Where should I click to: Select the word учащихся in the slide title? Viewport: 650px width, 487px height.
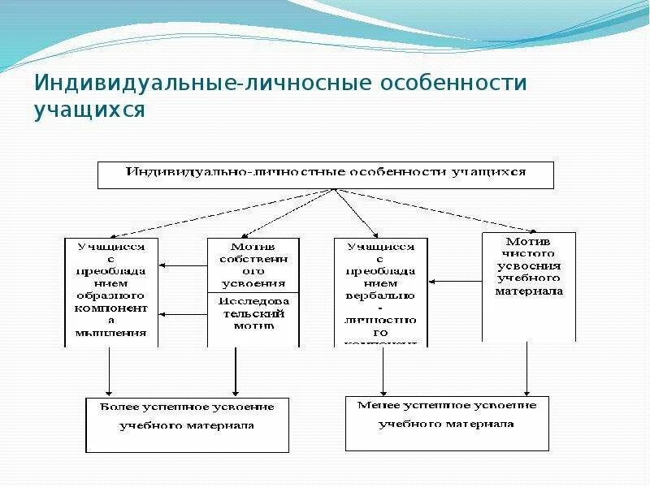pos(89,110)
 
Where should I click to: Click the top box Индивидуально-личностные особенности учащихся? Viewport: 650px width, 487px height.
pos(325,175)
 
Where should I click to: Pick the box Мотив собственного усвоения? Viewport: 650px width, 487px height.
pos(253,265)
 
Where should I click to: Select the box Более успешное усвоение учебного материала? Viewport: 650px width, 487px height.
pos(187,425)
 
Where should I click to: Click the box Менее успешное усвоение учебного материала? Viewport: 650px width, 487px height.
pos(446,423)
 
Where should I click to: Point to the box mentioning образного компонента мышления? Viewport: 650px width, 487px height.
pos(111,291)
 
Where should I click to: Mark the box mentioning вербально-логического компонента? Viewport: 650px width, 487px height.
pos(379,291)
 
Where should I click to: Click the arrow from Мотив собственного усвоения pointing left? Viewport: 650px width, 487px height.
pos(183,265)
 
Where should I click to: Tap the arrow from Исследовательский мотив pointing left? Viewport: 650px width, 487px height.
pos(183,314)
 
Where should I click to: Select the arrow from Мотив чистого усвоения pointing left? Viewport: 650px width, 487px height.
pos(455,282)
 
